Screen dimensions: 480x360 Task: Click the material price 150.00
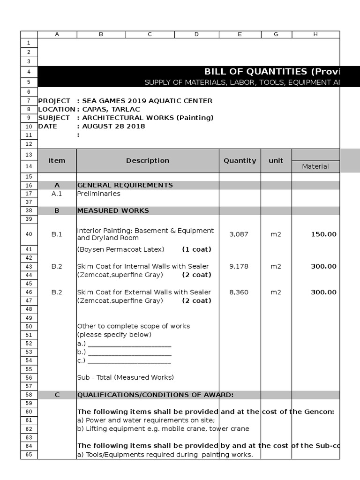click(323, 234)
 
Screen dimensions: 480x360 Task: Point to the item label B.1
click(57, 234)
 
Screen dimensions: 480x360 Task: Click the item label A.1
click(57, 194)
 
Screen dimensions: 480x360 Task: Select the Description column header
click(148, 161)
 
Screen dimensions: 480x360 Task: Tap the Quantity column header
click(240, 161)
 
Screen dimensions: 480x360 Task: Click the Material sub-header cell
click(315, 166)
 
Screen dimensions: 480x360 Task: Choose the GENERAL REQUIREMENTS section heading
click(125, 185)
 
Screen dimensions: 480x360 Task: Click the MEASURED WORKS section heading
click(113, 210)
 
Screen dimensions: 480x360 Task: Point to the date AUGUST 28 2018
click(113, 126)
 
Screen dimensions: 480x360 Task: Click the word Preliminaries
click(98, 194)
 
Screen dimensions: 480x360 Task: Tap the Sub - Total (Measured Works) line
click(125, 377)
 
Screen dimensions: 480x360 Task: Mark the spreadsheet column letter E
click(240, 34)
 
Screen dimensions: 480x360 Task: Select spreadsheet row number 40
click(29, 234)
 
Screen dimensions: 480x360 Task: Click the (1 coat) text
click(196, 249)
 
